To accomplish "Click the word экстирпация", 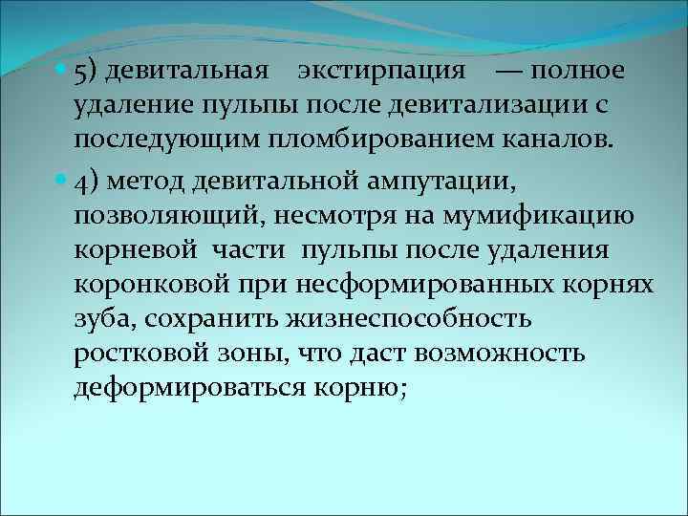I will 381,72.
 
